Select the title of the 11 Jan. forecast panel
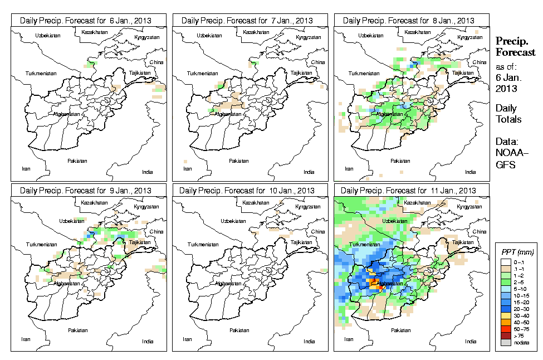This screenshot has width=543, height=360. click(x=408, y=190)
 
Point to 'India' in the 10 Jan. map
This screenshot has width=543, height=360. click(x=309, y=341)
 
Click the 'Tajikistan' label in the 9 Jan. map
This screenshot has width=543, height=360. click(x=140, y=243)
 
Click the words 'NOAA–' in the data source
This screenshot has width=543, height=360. click(x=507, y=154)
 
